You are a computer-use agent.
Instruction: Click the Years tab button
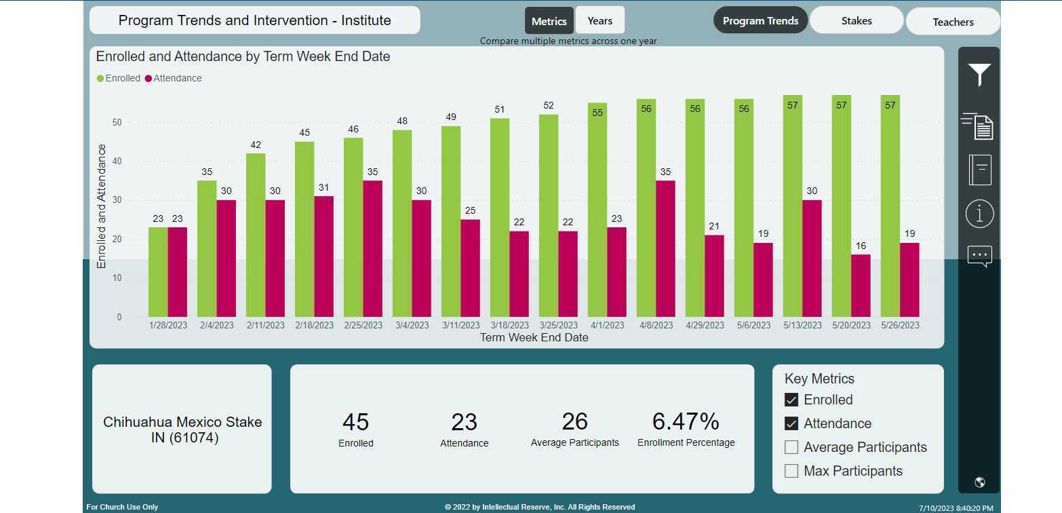pos(599,21)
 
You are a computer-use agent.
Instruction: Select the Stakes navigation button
pos(856,21)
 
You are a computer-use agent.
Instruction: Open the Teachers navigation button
pos(952,22)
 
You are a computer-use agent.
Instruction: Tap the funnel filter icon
pos(979,75)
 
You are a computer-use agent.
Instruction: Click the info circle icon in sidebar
pos(979,214)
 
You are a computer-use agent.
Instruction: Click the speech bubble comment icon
pos(979,256)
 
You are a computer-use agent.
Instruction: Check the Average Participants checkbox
pos(791,447)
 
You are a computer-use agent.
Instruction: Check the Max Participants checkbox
pos(791,471)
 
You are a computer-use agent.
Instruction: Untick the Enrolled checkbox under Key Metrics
pos(791,400)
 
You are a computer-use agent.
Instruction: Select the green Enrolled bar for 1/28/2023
pos(158,272)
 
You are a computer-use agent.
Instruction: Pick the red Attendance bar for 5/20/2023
pos(861,286)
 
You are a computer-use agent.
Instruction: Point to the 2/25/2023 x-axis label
pos(363,326)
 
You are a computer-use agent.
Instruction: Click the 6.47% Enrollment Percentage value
pos(685,421)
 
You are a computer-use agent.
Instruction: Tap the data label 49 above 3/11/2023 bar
pos(451,117)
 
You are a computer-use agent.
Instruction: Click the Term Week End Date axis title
pos(534,337)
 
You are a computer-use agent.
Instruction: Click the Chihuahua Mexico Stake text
pos(182,422)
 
